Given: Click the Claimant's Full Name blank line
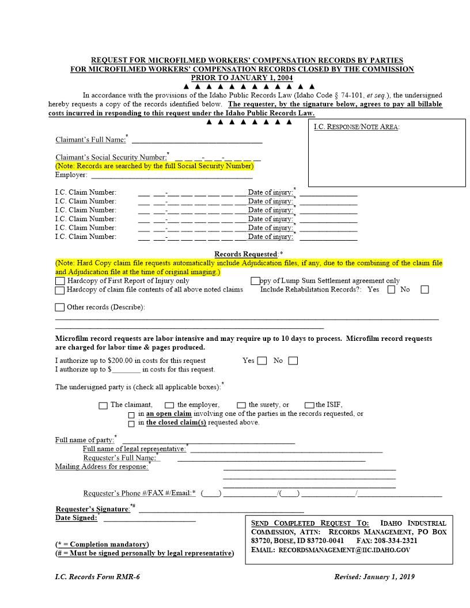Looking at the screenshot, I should tap(196, 140).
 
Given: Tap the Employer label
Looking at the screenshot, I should tap(71, 174).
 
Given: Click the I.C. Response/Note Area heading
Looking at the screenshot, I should tap(357, 127).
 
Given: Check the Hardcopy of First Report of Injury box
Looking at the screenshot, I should tap(60, 281).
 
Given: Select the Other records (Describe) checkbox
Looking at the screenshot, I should tap(60, 307).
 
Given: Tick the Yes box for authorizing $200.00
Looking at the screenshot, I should tap(262, 361).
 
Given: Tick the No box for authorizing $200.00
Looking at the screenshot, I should tap(293, 361).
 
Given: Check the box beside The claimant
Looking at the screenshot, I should tap(103, 405).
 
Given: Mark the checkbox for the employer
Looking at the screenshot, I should tap(169, 405).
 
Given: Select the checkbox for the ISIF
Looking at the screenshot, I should tap(310, 405).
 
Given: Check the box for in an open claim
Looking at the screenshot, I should tap(131, 415).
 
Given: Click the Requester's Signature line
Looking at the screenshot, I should tap(221, 510).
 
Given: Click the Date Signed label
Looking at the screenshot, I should tap(76, 518).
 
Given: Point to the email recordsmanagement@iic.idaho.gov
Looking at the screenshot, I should tap(344, 550).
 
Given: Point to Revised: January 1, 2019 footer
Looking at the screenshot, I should tap(374, 577).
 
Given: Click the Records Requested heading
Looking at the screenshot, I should tap(246, 254).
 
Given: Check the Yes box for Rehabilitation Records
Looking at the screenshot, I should tap(391, 290).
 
